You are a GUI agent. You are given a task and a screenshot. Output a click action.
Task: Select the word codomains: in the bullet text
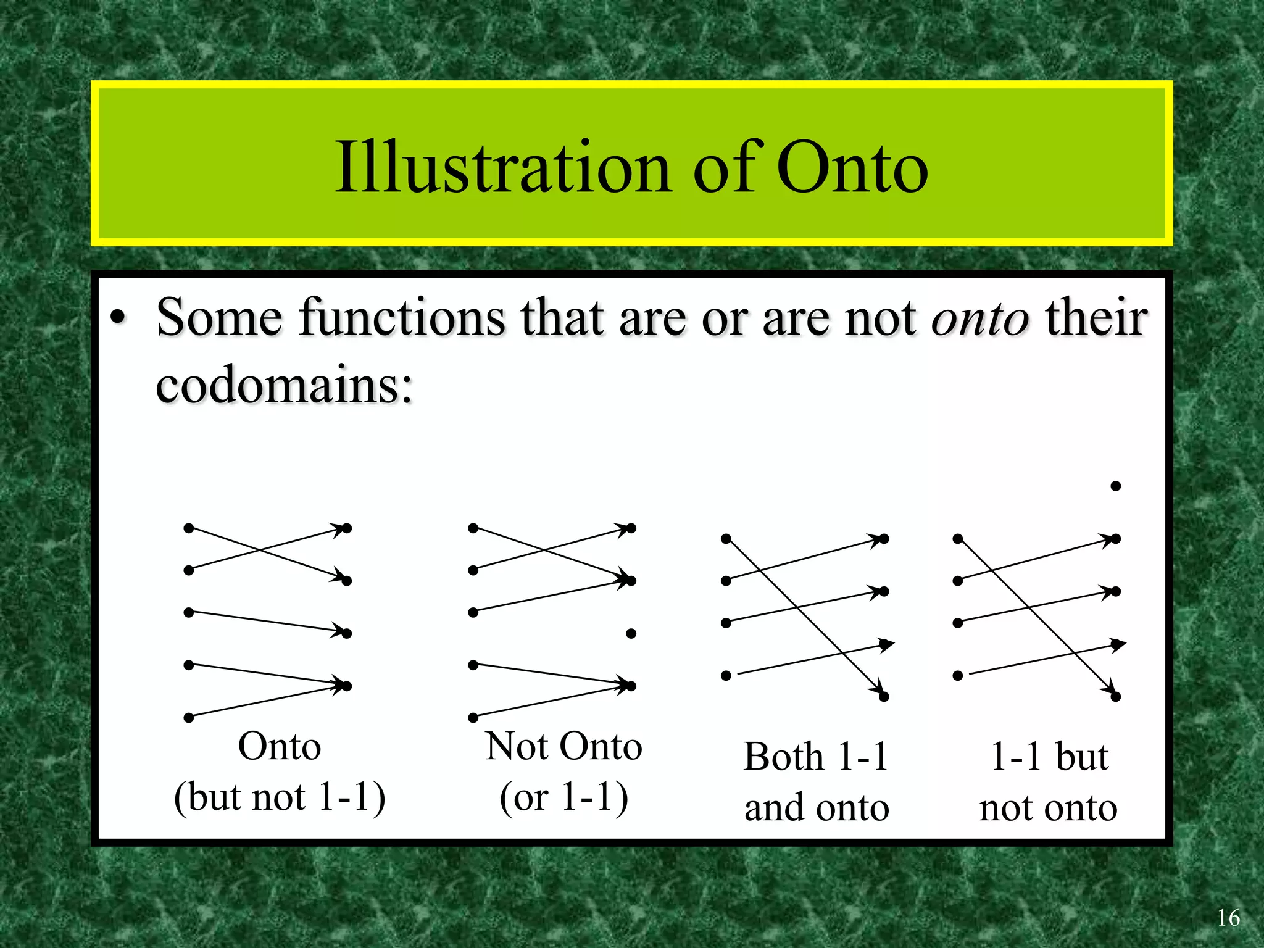284,386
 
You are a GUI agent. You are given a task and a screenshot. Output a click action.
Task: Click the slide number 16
1228,918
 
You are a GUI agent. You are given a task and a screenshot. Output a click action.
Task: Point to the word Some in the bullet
219,318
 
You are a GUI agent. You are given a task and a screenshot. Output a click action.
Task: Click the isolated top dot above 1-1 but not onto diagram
1115,486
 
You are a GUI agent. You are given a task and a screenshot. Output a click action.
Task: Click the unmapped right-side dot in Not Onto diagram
631,634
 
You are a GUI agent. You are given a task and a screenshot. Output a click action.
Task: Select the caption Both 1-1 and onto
816,782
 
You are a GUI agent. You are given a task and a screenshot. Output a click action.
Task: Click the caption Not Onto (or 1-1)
563,771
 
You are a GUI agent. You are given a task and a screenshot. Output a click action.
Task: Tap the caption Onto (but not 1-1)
280,771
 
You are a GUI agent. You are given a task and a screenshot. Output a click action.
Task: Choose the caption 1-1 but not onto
1049,782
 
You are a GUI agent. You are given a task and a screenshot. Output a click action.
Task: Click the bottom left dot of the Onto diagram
189,718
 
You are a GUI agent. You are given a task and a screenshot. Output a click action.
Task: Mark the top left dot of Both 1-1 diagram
726,539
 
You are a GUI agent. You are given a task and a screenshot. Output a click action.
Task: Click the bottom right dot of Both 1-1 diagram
884,697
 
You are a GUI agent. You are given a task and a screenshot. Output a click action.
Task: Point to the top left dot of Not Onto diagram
473,528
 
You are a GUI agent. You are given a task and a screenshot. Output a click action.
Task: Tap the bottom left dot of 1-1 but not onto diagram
958,676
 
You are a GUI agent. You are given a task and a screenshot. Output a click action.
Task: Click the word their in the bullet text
1096,318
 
